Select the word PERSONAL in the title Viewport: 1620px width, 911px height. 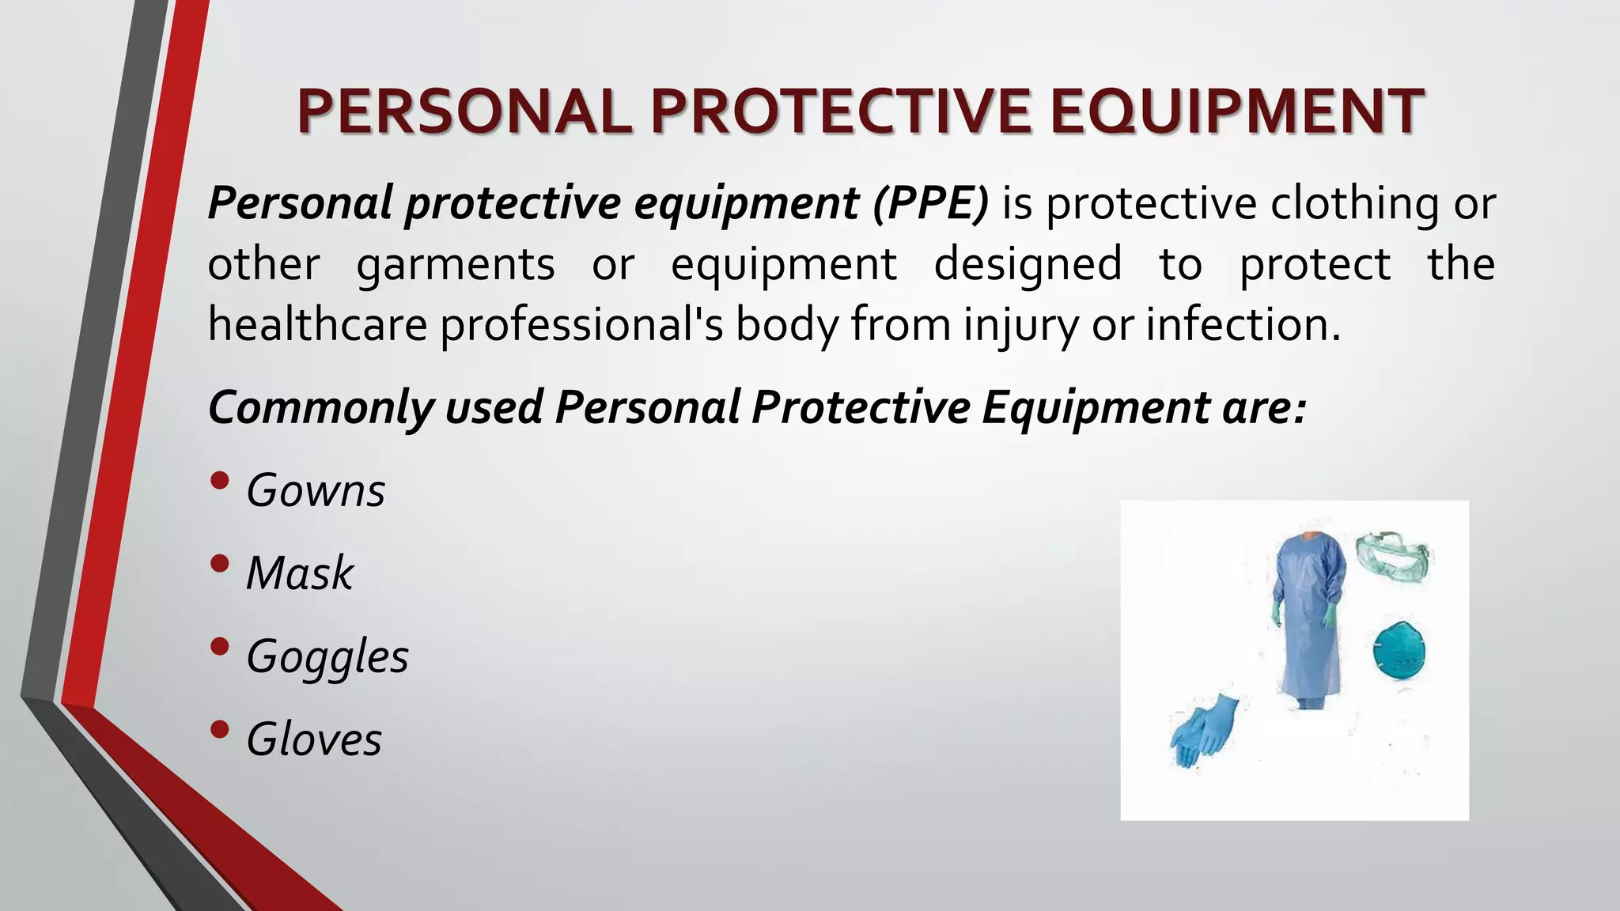click(464, 112)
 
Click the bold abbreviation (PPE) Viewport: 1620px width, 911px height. click(931, 203)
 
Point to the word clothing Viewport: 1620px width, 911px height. click(1355, 203)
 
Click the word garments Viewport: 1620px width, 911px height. click(456, 265)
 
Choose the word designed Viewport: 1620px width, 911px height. click(1028, 263)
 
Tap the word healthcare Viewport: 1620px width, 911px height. click(317, 324)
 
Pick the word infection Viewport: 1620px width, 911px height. click(1243, 324)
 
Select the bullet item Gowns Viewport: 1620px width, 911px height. click(316, 491)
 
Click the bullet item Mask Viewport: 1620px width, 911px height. click(300, 573)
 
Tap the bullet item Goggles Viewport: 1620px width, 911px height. click(327, 657)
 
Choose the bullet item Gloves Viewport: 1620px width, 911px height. click(314, 740)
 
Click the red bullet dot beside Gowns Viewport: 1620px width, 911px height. click(221, 481)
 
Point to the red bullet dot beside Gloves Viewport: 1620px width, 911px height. click(221, 729)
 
